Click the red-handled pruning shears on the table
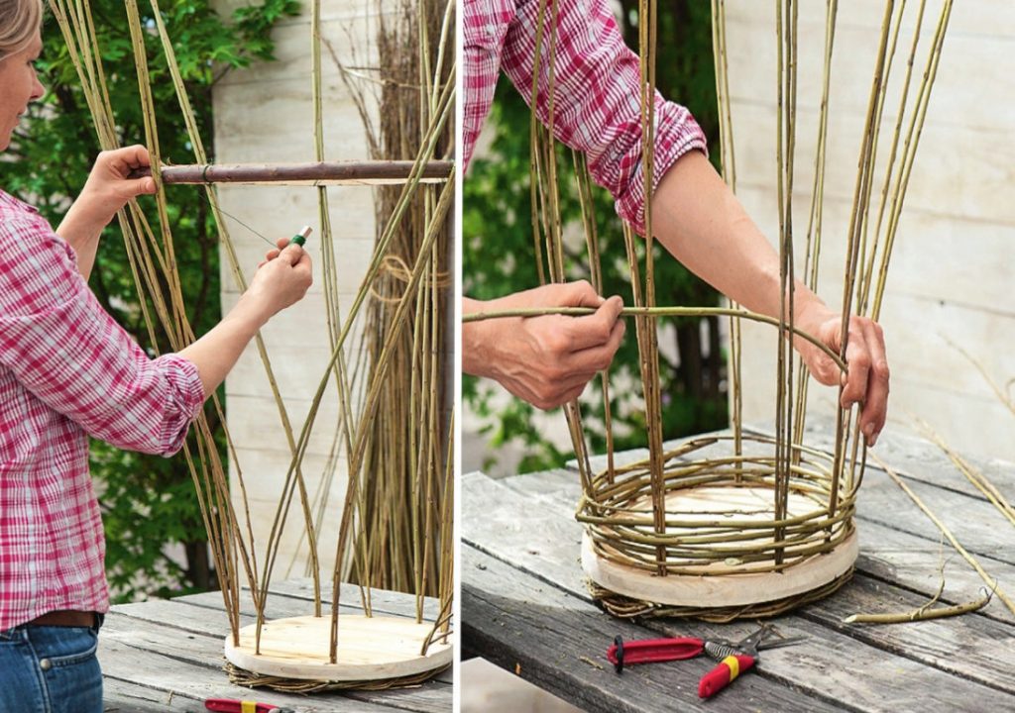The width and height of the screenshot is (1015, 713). click(659, 651)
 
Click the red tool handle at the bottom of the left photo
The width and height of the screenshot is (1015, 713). click(238, 706)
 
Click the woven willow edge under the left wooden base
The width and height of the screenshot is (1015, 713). click(327, 682)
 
